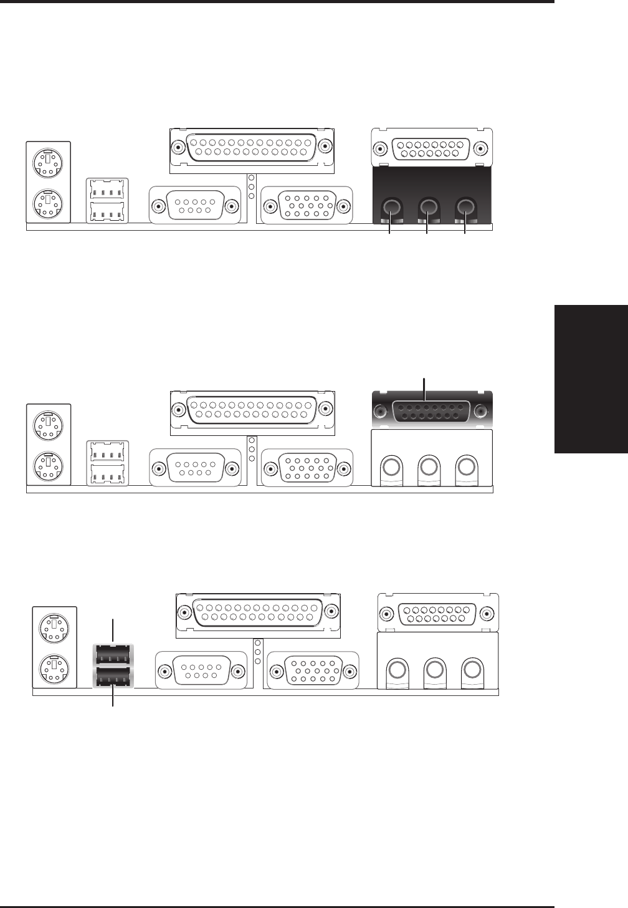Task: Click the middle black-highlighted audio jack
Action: (427, 206)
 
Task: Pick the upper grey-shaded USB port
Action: (113, 655)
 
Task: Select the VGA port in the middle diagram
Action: (307, 468)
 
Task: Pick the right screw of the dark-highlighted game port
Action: (480, 412)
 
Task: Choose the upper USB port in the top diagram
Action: (107, 188)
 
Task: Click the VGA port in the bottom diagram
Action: (312, 671)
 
